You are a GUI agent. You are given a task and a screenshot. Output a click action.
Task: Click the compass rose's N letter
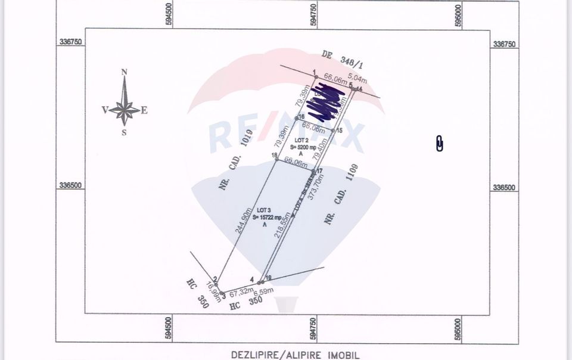point(125,72)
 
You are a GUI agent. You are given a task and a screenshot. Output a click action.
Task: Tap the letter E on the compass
point(144,110)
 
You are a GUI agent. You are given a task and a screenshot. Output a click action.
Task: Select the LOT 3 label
point(264,210)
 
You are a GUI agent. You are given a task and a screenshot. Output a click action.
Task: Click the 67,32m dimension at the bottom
point(239,291)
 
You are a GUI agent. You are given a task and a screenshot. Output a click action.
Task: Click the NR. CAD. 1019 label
point(236,160)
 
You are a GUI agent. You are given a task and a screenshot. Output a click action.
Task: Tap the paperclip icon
point(440,144)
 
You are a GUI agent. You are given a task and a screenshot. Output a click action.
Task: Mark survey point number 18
point(275,156)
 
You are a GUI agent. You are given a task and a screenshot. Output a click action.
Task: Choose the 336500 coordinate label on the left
point(70,185)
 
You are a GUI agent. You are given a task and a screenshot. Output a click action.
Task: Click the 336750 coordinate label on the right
point(504,44)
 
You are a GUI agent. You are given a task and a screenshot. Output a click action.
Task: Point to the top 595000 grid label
point(458,14)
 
